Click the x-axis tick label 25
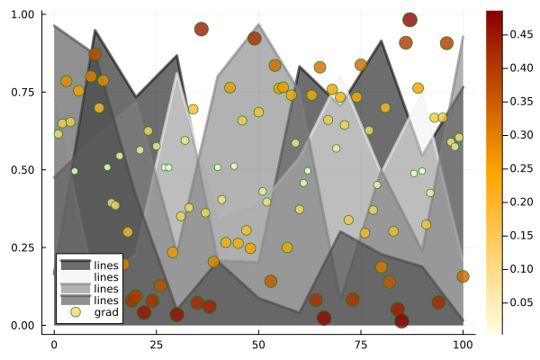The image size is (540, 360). (x=156, y=345)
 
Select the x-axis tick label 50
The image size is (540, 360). (x=258, y=345)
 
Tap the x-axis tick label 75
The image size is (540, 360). (x=361, y=345)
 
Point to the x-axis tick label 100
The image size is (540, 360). (x=463, y=345)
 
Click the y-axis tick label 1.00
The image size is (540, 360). (x=22, y=14)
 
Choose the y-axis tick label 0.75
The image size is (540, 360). (x=22, y=92)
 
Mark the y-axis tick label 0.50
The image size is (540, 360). (x=22, y=169)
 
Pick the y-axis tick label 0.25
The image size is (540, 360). (x=22, y=247)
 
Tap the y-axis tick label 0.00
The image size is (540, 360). (x=22, y=325)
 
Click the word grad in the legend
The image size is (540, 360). (x=106, y=311)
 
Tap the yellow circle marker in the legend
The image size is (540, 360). (x=76, y=311)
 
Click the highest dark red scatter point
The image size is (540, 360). (x=409, y=20)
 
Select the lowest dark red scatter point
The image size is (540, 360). (x=401, y=320)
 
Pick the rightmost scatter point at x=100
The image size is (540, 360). (x=463, y=276)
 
